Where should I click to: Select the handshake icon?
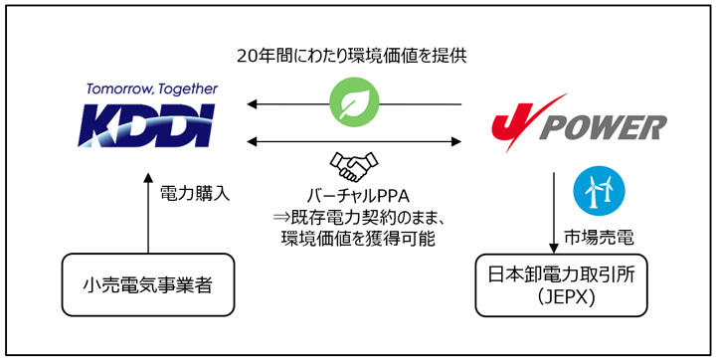[353, 164]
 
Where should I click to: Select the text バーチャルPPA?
[353, 195]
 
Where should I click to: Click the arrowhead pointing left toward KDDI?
[255, 103]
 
